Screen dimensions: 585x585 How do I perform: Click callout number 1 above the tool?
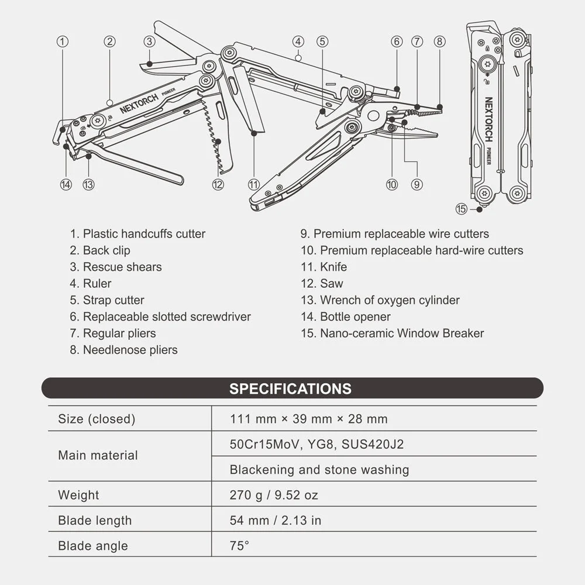(x=63, y=42)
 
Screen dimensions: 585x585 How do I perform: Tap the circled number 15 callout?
(x=462, y=209)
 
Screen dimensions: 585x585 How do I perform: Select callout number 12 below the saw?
(x=218, y=184)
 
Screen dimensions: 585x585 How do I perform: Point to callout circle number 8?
(x=440, y=42)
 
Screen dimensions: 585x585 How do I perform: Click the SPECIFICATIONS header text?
(x=290, y=388)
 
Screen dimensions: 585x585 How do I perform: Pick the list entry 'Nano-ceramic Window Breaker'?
(x=393, y=333)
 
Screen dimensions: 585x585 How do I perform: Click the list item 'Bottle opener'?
(x=346, y=316)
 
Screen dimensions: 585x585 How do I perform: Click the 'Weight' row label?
(x=78, y=495)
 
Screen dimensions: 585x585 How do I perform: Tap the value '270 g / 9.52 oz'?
(x=274, y=495)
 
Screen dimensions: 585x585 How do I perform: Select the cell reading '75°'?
(x=239, y=546)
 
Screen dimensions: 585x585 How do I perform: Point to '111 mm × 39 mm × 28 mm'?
(x=308, y=419)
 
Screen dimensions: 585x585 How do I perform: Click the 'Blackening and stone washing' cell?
(x=319, y=470)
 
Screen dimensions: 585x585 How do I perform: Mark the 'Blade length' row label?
(x=95, y=521)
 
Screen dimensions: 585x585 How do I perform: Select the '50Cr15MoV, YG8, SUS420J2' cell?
(x=316, y=444)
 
